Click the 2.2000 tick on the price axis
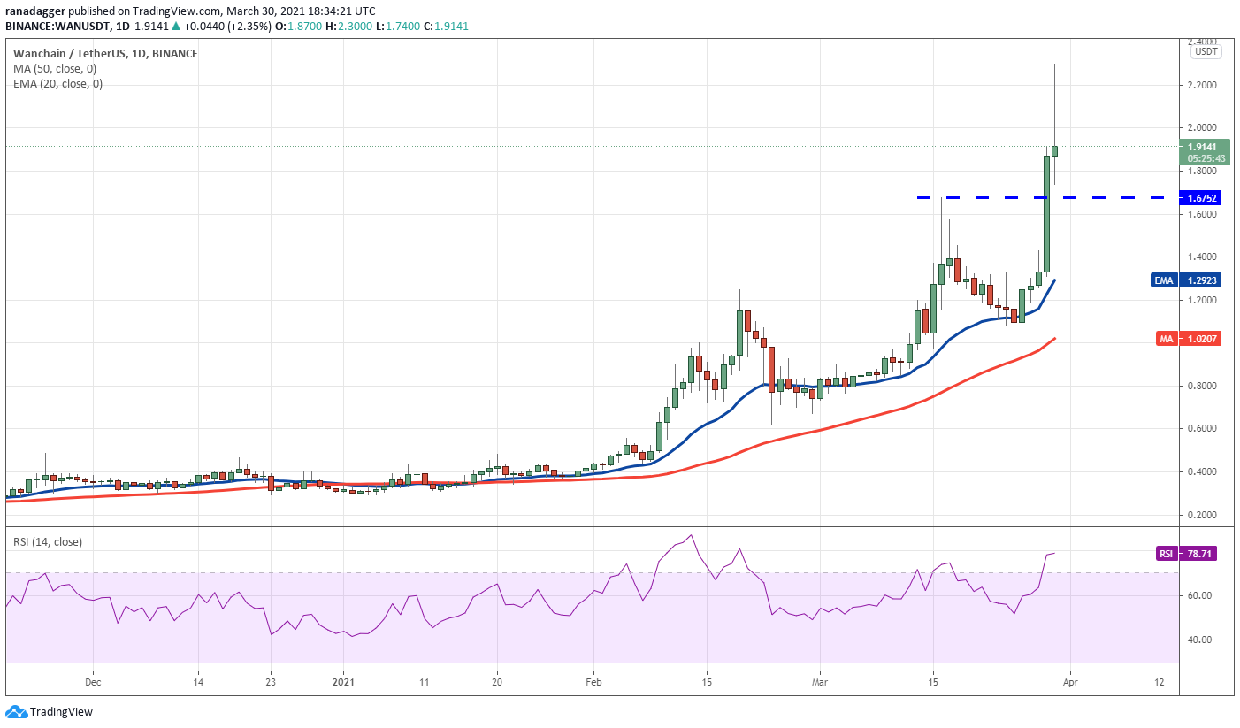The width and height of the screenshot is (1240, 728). pos(1203,85)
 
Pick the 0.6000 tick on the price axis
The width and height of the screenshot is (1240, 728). pos(1203,429)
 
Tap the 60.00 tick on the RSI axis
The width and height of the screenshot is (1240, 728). pos(1198,596)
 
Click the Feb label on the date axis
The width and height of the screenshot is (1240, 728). pos(593,682)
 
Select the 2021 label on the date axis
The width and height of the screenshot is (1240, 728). pos(342,682)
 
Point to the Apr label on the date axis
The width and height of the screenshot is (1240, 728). pos(1070,682)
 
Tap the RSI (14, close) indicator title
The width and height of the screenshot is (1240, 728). pos(48,541)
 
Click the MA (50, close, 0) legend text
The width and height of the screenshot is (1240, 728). pos(55,68)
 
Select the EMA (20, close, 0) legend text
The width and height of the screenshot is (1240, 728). pos(57,84)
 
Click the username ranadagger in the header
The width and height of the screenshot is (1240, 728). pos(37,11)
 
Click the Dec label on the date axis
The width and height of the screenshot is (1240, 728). pos(93,682)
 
